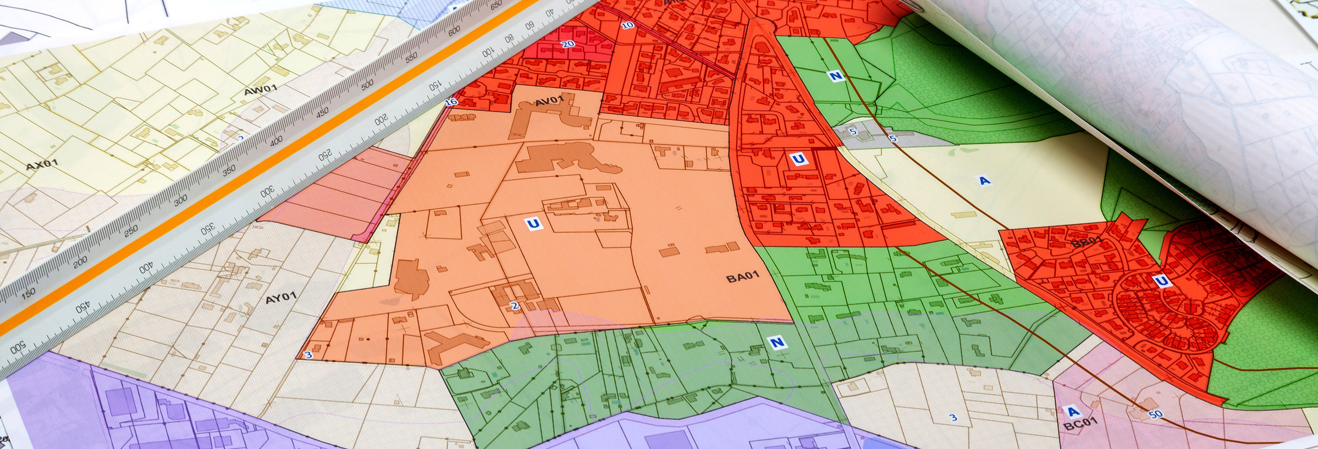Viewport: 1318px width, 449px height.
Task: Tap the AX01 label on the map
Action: point(42,164)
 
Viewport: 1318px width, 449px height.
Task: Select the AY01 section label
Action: point(281,298)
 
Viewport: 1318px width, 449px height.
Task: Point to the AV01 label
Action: point(549,101)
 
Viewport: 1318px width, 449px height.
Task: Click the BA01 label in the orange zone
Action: point(742,277)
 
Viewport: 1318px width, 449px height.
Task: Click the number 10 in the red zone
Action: point(627,25)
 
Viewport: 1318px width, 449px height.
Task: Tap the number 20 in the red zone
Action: point(568,44)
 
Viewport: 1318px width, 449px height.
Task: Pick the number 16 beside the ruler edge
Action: point(451,102)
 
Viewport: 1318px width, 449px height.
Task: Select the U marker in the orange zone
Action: point(533,224)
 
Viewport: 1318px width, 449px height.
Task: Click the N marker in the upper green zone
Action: point(836,76)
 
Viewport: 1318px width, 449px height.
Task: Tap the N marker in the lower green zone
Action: point(776,343)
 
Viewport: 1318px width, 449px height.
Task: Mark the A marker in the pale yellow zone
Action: point(984,180)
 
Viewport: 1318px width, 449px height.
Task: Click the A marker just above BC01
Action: point(1072,411)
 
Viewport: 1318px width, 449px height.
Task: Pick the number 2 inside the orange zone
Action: point(515,306)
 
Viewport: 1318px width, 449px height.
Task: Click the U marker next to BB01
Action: point(1161,281)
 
